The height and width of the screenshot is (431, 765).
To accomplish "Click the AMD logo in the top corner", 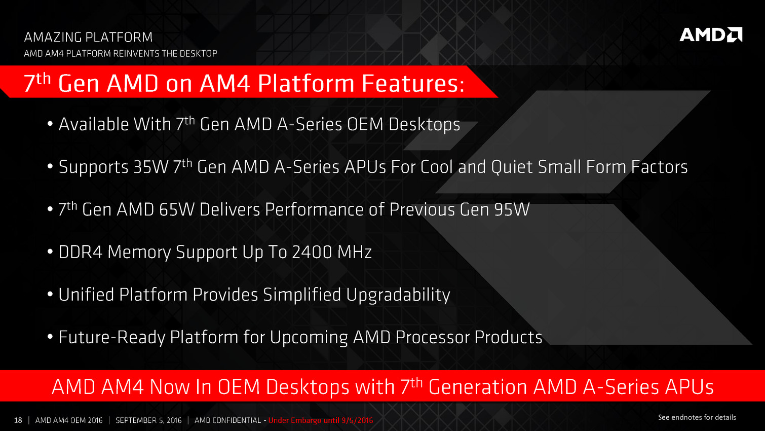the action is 711,34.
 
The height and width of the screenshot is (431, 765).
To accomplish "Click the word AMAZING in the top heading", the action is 53,37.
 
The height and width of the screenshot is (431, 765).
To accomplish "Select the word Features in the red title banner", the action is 413,83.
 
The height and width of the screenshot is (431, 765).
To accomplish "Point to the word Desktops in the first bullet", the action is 424,125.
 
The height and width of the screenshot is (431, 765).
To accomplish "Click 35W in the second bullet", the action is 151,167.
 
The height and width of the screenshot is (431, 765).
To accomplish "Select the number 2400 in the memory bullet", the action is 312,252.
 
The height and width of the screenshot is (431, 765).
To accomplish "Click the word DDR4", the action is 81,252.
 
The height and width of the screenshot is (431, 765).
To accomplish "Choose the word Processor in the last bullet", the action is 432,337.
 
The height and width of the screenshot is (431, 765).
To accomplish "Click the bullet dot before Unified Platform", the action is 50,294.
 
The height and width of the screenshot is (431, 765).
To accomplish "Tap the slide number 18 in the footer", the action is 18,420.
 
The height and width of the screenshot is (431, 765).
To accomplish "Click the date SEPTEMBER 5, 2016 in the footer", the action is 148,420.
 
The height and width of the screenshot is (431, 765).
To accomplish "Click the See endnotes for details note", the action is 697,417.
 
